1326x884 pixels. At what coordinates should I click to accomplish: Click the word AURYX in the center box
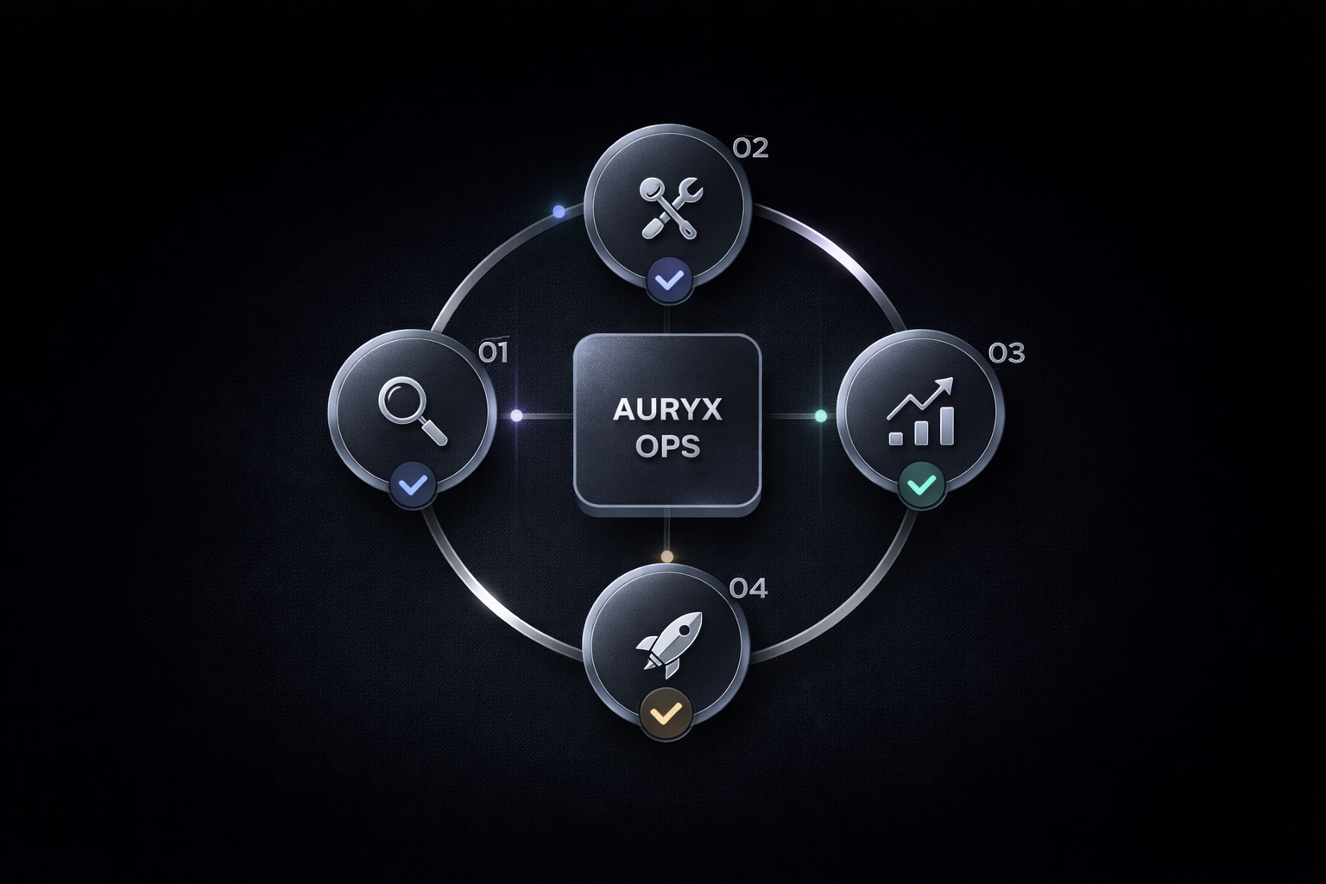click(x=666, y=410)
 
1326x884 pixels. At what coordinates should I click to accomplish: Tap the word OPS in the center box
click(x=666, y=447)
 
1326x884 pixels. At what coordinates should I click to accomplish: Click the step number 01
click(x=493, y=352)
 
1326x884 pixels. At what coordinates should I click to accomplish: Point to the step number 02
click(x=749, y=148)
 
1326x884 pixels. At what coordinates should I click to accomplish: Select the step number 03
click(x=1007, y=352)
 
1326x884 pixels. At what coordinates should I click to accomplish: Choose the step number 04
click(x=748, y=589)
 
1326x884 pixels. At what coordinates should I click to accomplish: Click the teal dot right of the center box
click(x=820, y=416)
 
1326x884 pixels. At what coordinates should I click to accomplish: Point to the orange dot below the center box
click(x=666, y=556)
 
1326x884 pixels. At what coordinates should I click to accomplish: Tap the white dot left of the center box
click(x=516, y=415)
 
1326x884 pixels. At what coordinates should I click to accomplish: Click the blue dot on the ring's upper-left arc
click(x=559, y=212)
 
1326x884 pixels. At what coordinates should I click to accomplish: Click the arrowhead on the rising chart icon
click(x=946, y=385)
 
